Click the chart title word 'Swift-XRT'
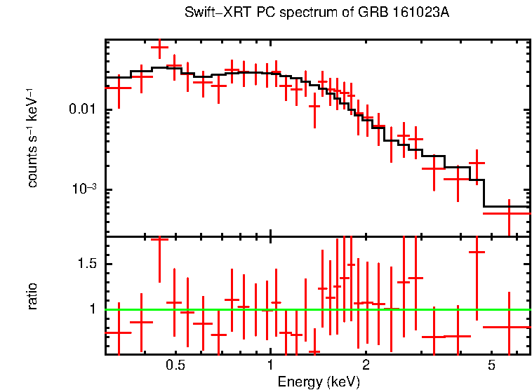tap(212, 13)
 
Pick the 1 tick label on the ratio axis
tap(93, 309)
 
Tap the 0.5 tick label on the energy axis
tap(175, 365)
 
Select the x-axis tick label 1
tap(270, 365)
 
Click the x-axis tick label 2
tap(366, 365)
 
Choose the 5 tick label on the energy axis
tap(491, 365)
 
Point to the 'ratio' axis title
tap(32, 296)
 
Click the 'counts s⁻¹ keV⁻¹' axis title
tap(32, 137)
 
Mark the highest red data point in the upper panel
tap(160, 48)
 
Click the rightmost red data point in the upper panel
tap(509, 213)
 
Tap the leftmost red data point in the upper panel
tap(119, 88)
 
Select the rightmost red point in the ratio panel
tap(509, 327)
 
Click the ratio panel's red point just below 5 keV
tap(477, 252)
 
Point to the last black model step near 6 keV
tap(507, 207)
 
